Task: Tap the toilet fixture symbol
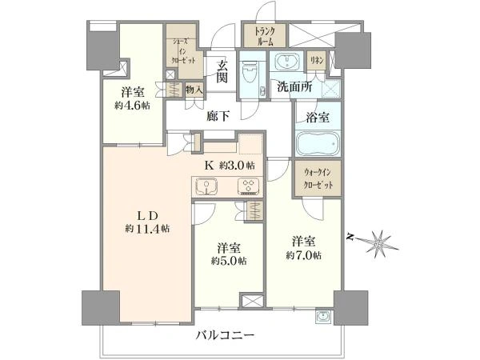pyautogui.click(x=249, y=71)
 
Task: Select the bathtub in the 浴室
pyautogui.click(x=318, y=144)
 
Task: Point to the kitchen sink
pyautogui.click(x=206, y=187)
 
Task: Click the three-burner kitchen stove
pyautogui.click(x=248, y=186)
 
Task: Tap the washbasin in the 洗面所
pyautogui.click(x=287, y=62)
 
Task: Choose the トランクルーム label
pyautogui.click(x=265, y=37)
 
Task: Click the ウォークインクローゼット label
pyautogui.click(x=318, y=179)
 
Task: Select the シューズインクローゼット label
pyautogui.click(x=184, y=50)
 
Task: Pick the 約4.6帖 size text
pyautogui.click(x=133, y=106)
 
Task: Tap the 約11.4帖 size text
pyautogui.click(x=147, y=229)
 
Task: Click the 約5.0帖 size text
pyautogui.click(x=229, y=261)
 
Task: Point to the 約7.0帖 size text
pyautogui.click(x=304, y=255)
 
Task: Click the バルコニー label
pyautogui.click(x=225, y=335)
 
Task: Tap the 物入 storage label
pyautogui.click(x=194, y=90)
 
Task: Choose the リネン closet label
pyautogui.click(x=317, y=61)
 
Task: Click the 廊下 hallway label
pyautogui.click(x=218, y=116)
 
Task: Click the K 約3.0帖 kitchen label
pyautogui.click(x=230, y=166)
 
